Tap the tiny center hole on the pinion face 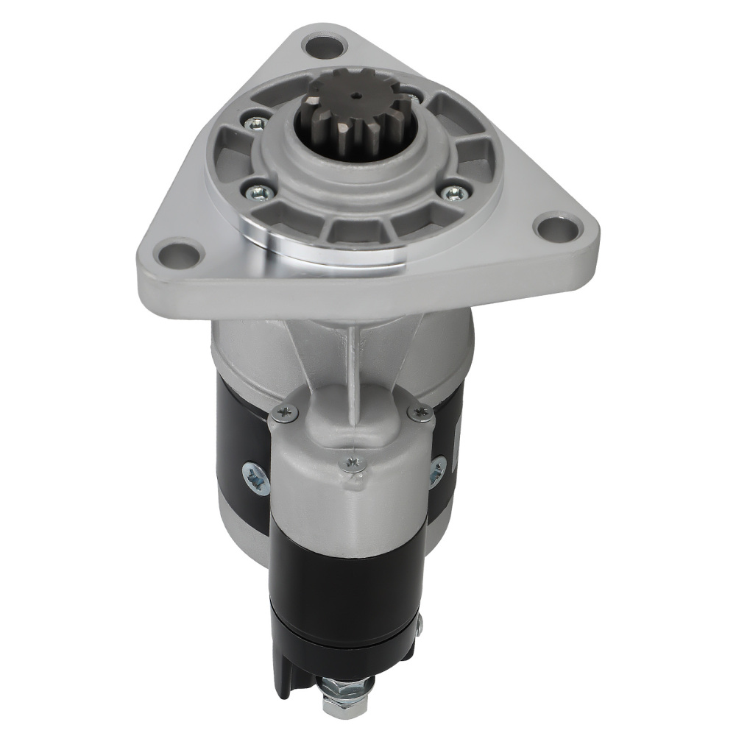(x=355, y=95)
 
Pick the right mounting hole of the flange (x=558, y=227)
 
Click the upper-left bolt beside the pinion (x=255, y=123)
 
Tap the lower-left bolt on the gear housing (x=260, y=192)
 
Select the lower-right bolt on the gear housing (x=454, y=192)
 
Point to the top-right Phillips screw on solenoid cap (x=421, y=413)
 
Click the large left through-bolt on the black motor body (x=256, y=478)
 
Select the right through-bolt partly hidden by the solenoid (x=438, y=470)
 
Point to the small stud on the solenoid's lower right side (x=420, y=626)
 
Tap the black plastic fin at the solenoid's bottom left (x=280, y=662)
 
